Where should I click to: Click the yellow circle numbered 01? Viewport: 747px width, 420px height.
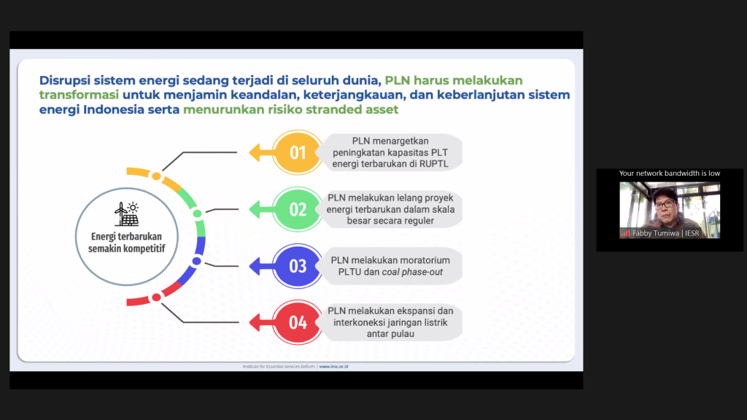pyautogui.click(x=298, y=152)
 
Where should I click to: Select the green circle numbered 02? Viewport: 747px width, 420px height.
pyautogui.click(x=298, y=209)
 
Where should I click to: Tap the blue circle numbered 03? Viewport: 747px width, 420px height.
pyautogui.click(x=298, y=265)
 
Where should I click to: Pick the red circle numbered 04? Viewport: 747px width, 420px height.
pyautogui.click(x=298, y=322)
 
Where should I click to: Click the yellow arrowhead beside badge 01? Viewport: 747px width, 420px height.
pyautogui.click(x=256, y=152)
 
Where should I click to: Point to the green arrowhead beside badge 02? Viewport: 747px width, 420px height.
pyautogui.click(x=256, y=209)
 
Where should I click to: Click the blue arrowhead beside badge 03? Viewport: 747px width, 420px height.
pyautogui.click(x=256, y=265)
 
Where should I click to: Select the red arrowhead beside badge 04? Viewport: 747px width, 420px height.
pyautogui.click(x=256, y=322)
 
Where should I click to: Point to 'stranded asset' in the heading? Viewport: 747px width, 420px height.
pyautogui.click(x=360, y=110)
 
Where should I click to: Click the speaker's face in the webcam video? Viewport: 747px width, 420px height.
pyautogui.click(x=665, y=204)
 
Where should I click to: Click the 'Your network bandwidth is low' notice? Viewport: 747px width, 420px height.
pyautogui.click(x=670, y=174)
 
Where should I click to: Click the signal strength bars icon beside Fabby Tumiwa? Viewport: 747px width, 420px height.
pyautogui.click(x=625, y=233)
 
